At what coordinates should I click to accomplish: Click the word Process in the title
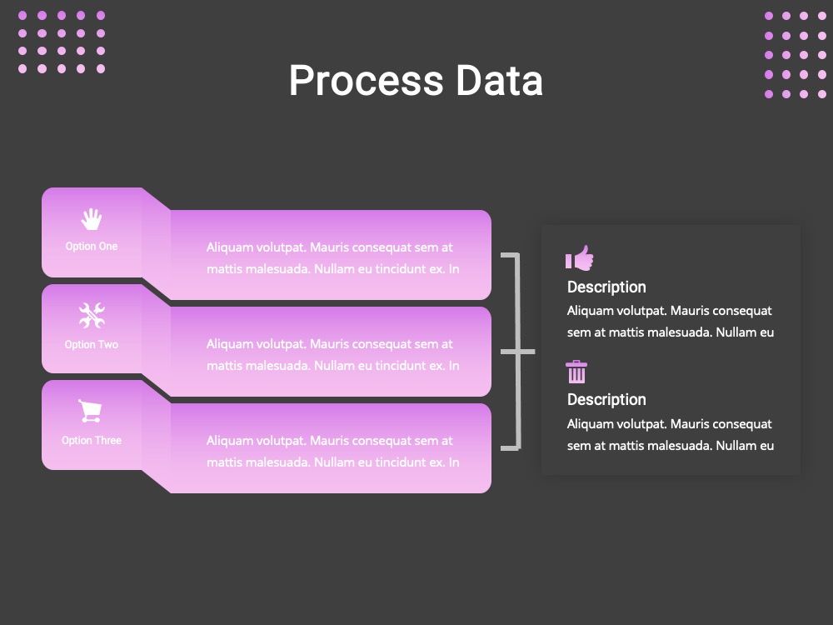(366, 81)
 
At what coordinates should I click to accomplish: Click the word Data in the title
(499, 81)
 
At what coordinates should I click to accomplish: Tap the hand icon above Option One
(92, 219)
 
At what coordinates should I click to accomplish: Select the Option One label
(92, 246)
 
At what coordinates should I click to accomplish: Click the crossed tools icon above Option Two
(92, 315)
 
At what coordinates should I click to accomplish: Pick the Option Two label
(92, 344)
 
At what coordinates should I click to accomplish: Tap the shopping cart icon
(90, 411)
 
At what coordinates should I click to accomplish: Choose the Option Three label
(92, 440)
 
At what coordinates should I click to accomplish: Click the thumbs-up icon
(580, 257)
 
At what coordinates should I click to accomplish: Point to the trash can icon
(576, 372)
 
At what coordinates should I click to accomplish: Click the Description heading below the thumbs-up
(606, 287)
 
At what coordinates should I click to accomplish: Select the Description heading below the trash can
(606, 400)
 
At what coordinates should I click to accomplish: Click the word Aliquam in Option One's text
(230, 247)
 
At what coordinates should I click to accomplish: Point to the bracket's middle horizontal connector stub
(518, 352)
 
